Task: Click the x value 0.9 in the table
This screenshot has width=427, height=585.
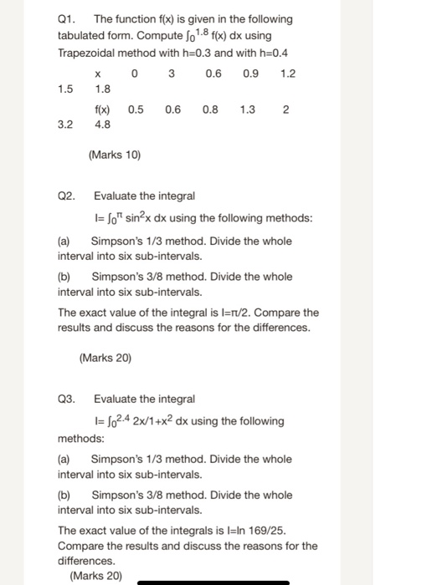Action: [x=250, y=73]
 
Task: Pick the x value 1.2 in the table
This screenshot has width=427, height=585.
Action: [x=288, y=73]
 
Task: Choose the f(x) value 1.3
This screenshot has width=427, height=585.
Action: [x=248, y=109]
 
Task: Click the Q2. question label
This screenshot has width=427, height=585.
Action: [x=67, y=196]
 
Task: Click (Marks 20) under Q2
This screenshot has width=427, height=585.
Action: [x=105, y=358]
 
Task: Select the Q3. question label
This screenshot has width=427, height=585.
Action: [x=67, y=399]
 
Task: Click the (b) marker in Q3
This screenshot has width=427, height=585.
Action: [x=64, y=495]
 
